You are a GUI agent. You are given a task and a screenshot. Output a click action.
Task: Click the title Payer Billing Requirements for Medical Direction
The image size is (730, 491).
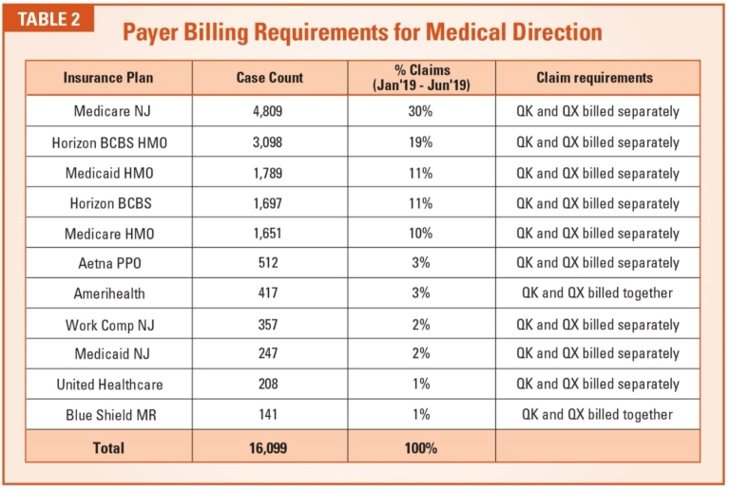[x=362, y=31]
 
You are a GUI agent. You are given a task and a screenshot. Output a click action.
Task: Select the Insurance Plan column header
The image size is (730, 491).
[x=108, y=78]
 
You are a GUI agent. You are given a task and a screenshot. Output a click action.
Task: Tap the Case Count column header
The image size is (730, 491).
[x=269, y=78]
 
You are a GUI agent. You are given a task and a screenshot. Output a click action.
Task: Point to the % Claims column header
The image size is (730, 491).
[x=422, y=78]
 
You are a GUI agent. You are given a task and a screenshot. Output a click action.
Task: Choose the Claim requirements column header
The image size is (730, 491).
[x=594, y=78]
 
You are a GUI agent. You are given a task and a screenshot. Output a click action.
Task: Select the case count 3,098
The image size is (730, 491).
[x=269, y=142]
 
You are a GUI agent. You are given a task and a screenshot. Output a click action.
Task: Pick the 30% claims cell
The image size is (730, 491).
[x=422, y=112]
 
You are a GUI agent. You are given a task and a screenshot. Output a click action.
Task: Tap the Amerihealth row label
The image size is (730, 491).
[x=108, y=293]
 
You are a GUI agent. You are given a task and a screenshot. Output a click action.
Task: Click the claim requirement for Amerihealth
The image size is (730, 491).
[x=597, y=293]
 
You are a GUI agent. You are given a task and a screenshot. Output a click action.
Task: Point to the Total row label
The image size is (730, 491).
[x=108, y=446]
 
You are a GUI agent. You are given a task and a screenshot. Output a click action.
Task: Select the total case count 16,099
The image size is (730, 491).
[x=269, y=446]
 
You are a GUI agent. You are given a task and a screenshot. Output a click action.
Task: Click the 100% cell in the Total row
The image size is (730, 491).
[x=422, y=446]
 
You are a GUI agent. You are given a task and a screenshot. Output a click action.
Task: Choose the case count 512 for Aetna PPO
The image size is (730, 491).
[x=269, y=263]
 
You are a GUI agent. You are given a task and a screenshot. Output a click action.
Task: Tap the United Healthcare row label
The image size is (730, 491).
[x=108, y=385]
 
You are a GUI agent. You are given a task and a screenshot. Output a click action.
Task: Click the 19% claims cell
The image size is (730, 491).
[x=422, y=142]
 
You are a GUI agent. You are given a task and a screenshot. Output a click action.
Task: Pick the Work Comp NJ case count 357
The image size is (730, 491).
[x=269, y=324]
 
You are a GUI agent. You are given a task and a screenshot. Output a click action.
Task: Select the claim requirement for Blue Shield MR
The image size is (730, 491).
[x=597, y=415]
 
